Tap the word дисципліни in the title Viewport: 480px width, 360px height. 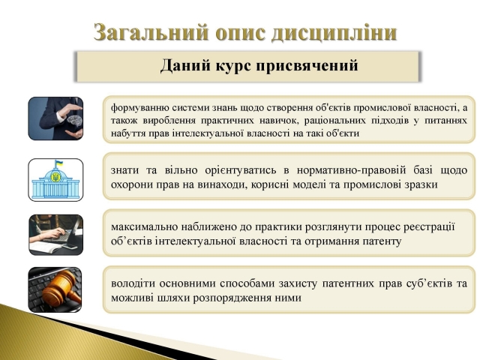[334, 32]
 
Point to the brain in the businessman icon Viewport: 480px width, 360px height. [74, 120]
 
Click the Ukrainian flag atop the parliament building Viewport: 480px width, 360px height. [58, 163]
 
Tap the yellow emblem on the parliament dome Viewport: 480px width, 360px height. [55, 177]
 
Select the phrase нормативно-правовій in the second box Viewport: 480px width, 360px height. [351, 170]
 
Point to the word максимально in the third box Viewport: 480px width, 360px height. [144, 226]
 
